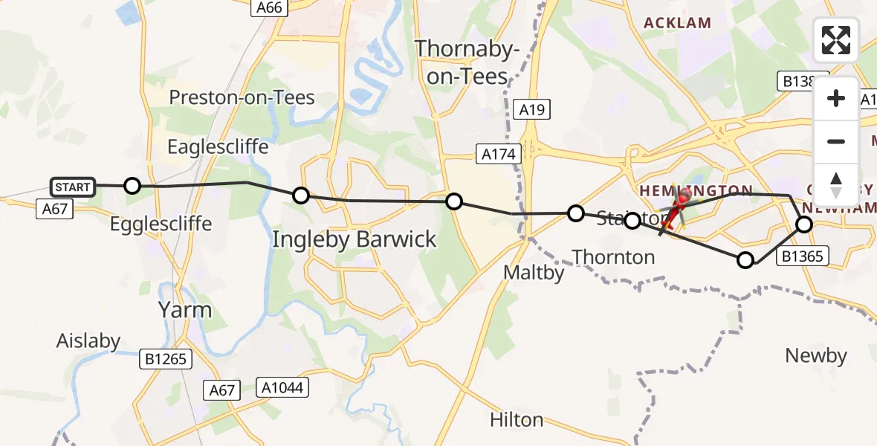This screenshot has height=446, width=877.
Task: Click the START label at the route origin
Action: coord(73,187)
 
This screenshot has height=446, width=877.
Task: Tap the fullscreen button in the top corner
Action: coord(836,40)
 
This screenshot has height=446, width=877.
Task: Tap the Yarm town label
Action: coord(185,309)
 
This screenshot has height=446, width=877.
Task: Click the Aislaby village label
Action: coord(88,341)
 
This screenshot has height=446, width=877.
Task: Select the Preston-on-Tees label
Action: coord(242,97)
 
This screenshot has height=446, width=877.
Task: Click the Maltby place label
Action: coord(534,272)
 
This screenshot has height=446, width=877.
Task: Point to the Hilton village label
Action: coord(517,420)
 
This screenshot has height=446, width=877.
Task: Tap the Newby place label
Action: coord(816,356)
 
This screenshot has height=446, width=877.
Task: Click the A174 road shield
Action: coord(497,155)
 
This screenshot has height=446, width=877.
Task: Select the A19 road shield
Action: coord(532,110)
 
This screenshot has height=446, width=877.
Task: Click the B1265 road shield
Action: coord(166,360)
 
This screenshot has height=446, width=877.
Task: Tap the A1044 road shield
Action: coord(282,387)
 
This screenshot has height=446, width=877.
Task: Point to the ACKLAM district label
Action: coord(677,23)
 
